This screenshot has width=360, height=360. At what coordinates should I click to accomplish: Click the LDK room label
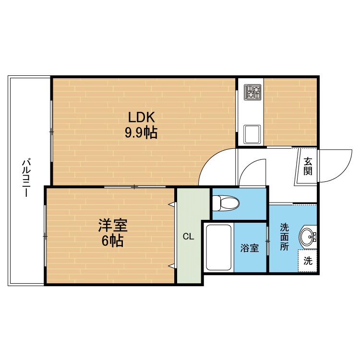pyautogui.click(x=142, y=117)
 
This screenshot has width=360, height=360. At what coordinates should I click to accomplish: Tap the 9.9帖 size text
pyautogui.click(x=141, y=132)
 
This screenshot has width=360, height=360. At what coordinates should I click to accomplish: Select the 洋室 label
pyautogui.click(x=113, y=225)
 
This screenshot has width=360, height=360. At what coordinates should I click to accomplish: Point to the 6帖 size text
pyautogui.click(x=112, y=240)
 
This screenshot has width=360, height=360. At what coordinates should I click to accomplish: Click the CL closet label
pyautogui.click(x=189, y=236)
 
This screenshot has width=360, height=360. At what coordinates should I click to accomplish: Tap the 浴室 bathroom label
pyautogui.click(x=250, y=248)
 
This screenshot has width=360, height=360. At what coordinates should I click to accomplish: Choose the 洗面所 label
pyautogui.click(x=284, y=237)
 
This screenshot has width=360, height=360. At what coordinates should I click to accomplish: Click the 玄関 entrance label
pyautogui.click(x=308, y=166)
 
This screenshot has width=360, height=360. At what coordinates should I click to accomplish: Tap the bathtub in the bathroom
pyautogui.click(x=218, y=248)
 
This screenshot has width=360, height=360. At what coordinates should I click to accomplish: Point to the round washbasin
pyautogui.click(x=307, y=237)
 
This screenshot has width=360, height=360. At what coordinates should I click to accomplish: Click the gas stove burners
pyautogui.click(x=252, y=92)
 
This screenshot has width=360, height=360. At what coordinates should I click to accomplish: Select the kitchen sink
pyautogui.click(x=252, y=134)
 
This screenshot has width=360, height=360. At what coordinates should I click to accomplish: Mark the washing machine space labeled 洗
pyautogui.click(x=308, y=261)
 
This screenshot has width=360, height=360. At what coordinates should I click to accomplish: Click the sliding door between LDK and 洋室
pyautogui.click(x=135, y=187)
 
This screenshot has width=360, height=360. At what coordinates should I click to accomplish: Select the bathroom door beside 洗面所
pyautogui.click(x=268, y=241)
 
